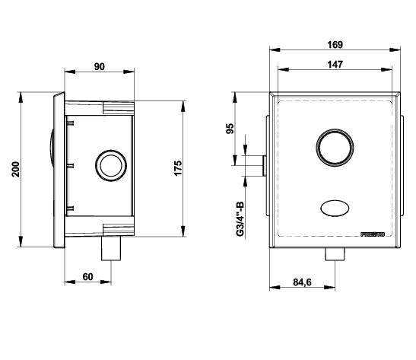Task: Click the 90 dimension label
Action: tap(99, 67)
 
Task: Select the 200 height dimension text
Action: tap(16, 169)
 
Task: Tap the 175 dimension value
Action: tap(178, 167)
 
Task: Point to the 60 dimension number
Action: tap(87, 277)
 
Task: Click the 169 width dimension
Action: tap(335, 45)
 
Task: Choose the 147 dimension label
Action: tap(335, 65)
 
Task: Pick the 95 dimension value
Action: tap(230, 129)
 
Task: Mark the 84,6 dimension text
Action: tap(302, 282)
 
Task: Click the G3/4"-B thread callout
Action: tap(240, 219)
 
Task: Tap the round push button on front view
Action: tap(335, 148)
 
